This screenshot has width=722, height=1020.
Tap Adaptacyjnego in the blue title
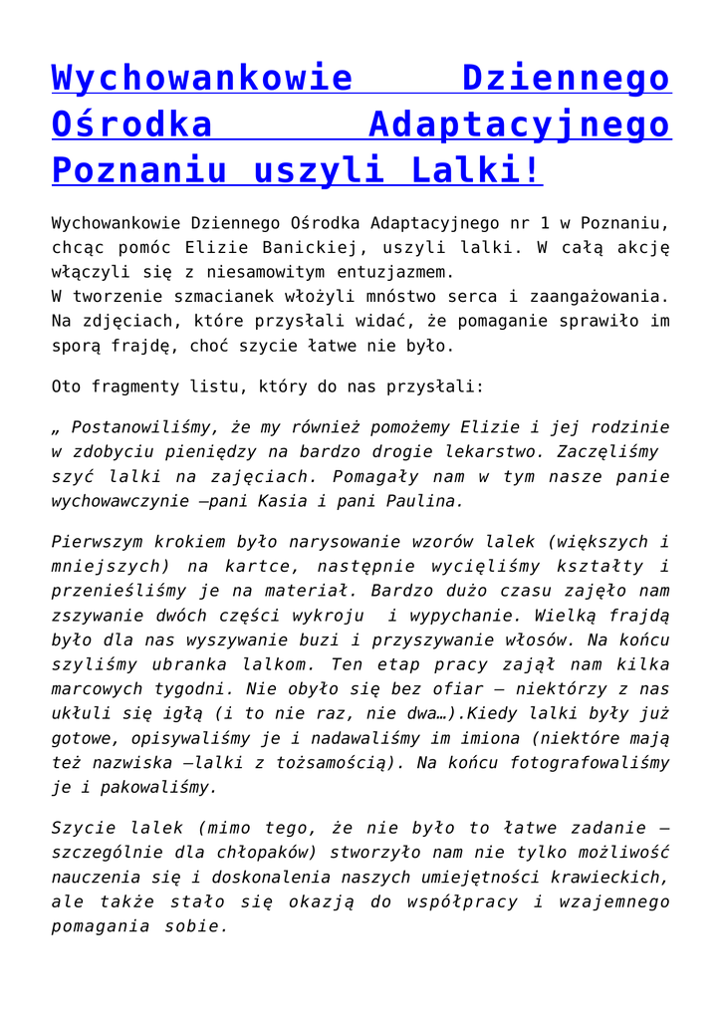pyautogui.click(x=519, y=125)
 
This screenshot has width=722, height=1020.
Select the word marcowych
pyautogui.click(x=97, y=688)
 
